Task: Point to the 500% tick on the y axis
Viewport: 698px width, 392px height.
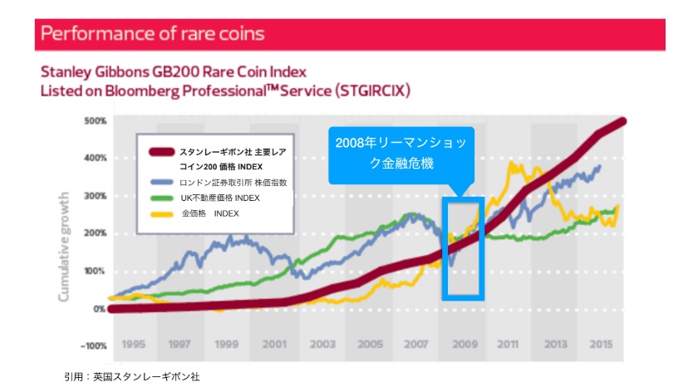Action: (95, 121)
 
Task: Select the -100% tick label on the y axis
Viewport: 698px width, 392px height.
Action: (92, 345)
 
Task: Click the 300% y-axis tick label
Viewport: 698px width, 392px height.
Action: (95, 196)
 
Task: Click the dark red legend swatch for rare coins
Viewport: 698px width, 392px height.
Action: (161, 152)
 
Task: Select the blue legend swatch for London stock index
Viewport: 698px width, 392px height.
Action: (161, 182)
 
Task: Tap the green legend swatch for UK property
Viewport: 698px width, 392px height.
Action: (161, 198)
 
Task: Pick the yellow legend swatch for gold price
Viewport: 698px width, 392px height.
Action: (161, 213)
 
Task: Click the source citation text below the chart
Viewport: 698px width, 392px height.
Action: (132, 376)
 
